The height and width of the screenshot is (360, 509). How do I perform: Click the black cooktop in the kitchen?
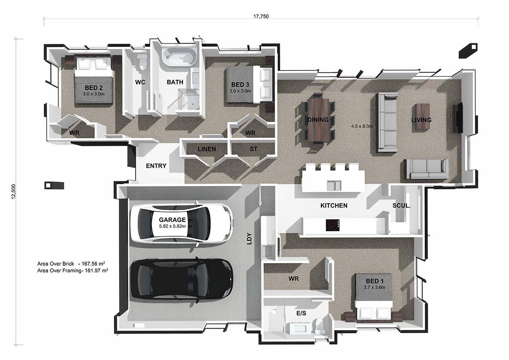[333, 225]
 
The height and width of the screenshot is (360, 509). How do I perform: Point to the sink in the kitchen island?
[334, 185]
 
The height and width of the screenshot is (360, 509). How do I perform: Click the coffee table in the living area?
[422, 117]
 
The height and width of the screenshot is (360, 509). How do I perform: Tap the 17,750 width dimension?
[261, 16]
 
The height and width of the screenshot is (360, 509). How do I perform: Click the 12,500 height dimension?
[14, 192]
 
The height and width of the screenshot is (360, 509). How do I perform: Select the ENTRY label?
[156, 166]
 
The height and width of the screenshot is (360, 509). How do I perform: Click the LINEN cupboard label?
[206, 149]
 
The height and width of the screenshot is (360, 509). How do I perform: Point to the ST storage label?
[254, 149]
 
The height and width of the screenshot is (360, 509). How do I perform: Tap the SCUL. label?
[402, 206]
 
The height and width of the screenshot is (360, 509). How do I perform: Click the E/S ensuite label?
[301, 313]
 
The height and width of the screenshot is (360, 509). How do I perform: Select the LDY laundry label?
[249, 238]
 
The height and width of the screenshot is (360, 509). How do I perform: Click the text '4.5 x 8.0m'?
[362, 126]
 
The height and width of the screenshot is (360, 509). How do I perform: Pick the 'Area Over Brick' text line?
[71, 264]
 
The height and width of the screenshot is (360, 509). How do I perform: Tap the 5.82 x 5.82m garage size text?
[172, 226]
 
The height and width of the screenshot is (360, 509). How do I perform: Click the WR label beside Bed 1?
[293, 278]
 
